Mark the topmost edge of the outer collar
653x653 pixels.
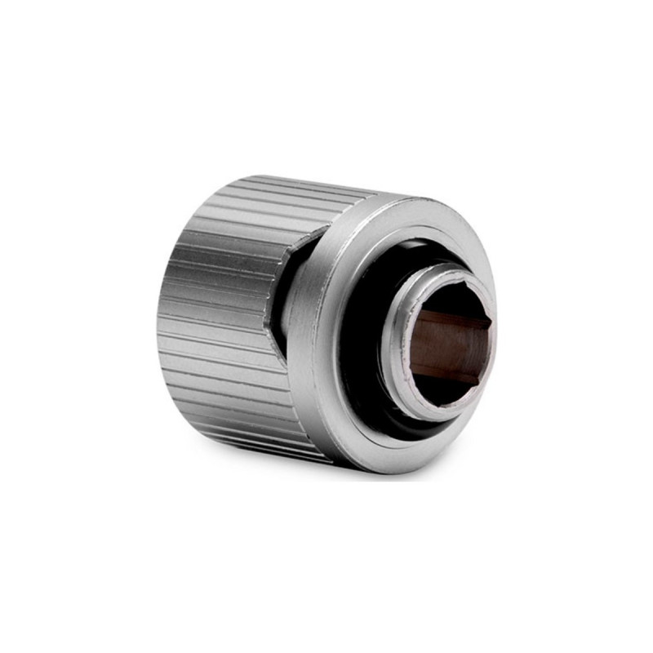click(x=408, y=196)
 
